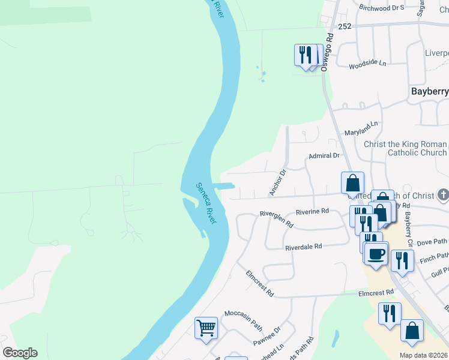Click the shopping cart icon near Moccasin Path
point(205,328)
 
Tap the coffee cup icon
point(376,253)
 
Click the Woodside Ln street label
point(367,62)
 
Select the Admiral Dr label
point(324,155)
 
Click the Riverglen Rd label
point(276,218)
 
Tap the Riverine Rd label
point(312,211)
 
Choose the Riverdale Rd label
point(304,247)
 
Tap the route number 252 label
point(344,27)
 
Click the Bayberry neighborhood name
point(429,92)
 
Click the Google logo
point(20,353)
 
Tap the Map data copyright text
point(423,355)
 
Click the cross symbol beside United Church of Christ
point(443,195)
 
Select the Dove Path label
point(432,242)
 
